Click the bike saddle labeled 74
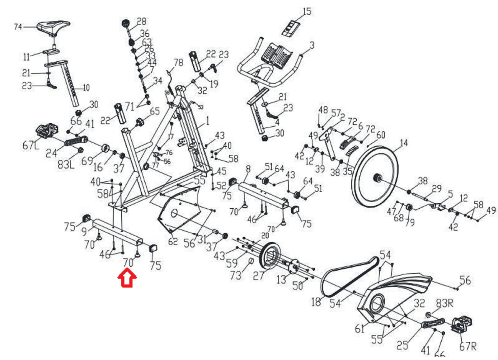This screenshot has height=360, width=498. pyautogui.click(x=54, y=26)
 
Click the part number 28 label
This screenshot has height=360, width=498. pyautogui.click(x=141, y=21)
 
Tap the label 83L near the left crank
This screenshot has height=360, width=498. pyautogui.click(x=66, y=164)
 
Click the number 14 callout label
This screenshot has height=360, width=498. pyautogui.click(x=404, y=143)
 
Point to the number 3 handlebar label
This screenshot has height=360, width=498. pyautogui.click(x=312, y=45)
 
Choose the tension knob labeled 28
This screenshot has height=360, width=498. pyautogui.click(x=125, y=23)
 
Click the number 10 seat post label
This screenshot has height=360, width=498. pyautogui.click(x=86, y=88)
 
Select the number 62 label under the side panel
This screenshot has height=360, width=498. pyautogui.click(x=173, y=241)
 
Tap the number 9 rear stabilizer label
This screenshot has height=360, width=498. pyautogui.click(x=84, y=231)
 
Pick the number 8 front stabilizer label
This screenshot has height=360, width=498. pyautogui.click(x=248, y=169)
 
